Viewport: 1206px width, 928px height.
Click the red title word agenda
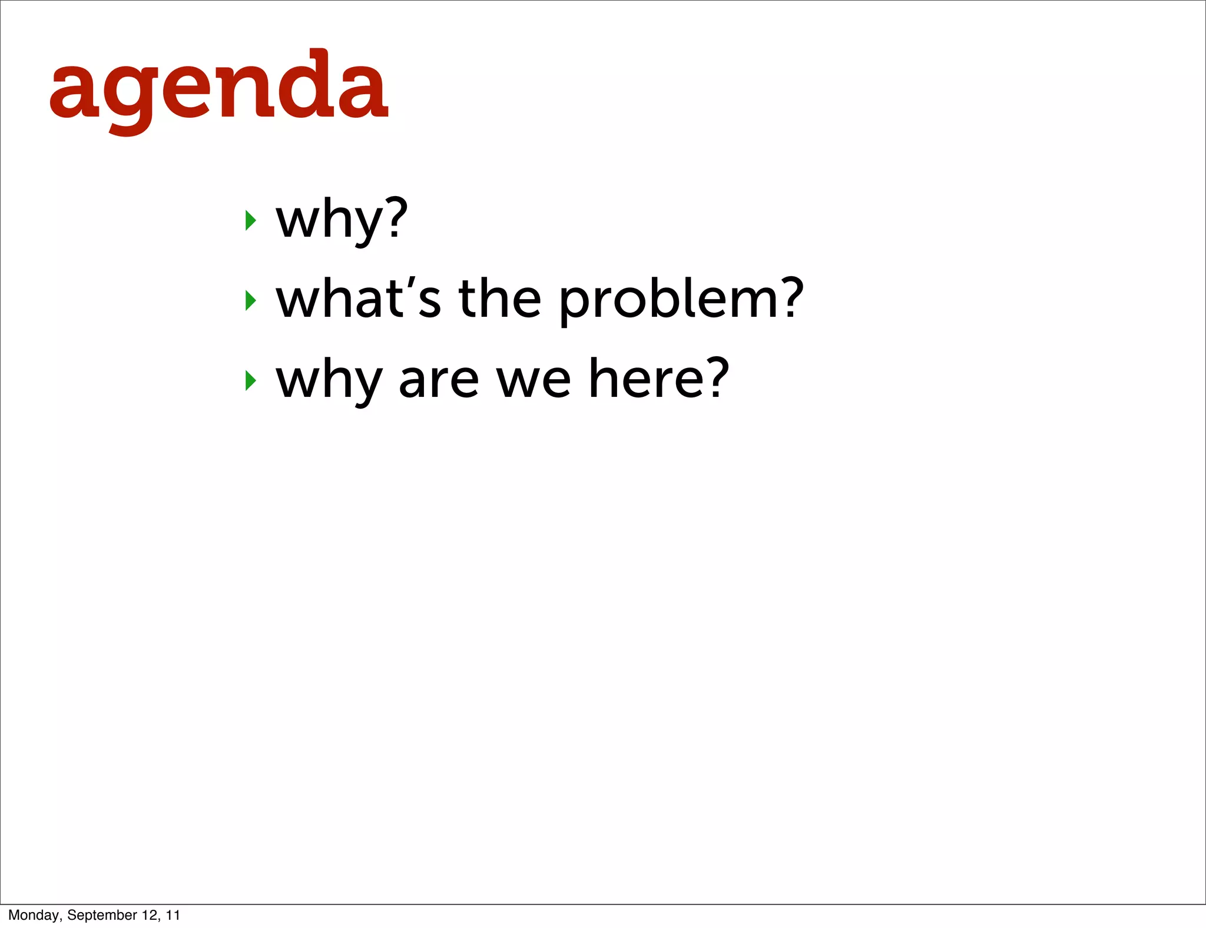pyautogui.click(x=218, y=88)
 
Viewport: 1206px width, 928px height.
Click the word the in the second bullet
pyautogui.click(x=499, y=299)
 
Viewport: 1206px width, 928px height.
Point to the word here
pyautogui.click(x=647, y=379)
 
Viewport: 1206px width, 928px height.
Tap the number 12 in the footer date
pyautogui.click(x=150, y=915)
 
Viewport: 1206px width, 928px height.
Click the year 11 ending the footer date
pyautogui.click(x=173, y=915)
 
